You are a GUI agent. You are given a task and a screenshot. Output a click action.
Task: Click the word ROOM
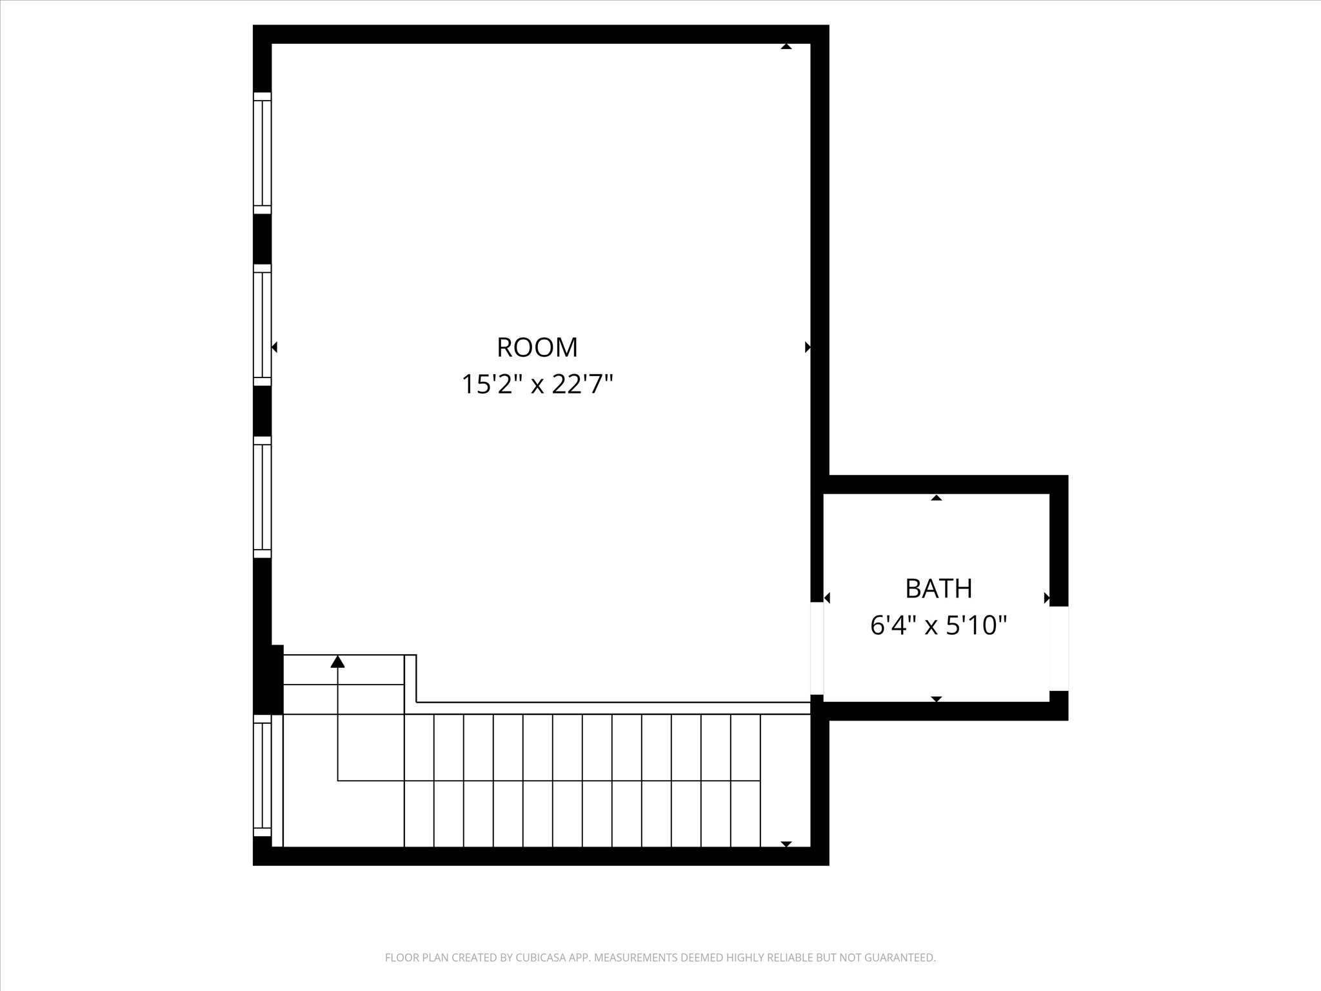(x=537, y=348)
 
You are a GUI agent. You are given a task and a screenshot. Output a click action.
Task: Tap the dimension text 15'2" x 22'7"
(x=537, y=385)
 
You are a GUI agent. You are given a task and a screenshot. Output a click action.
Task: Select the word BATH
(x=939, y=588)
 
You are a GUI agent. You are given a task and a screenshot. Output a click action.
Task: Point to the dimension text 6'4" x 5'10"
(x=939, y=625)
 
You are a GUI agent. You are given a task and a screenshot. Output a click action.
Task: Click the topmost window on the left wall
(x=262, y=153)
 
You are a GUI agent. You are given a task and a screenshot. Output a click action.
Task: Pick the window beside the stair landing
(x=262, y=776)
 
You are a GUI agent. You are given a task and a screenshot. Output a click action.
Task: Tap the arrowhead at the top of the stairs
(x=338, y=661)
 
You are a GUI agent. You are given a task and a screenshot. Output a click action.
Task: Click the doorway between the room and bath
(x=817, y=648)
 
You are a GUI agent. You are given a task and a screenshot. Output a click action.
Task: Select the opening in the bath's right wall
(x=1058, y=648)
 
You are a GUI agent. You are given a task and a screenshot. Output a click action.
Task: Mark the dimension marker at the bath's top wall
(x=937, y=497)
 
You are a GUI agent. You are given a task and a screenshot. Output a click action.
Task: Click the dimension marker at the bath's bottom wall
(x=937, y=699)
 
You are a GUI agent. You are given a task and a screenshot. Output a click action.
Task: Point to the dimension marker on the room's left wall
(x=274, y=348)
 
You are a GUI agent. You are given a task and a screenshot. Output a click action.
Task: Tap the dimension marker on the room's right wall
(x=808, y=348)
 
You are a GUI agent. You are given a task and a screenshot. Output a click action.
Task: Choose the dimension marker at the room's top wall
(x=786, y=46)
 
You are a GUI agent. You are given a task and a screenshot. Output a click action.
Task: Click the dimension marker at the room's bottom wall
(x=786, y=844)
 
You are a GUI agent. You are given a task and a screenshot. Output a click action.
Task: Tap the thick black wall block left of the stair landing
(x=268, y=679)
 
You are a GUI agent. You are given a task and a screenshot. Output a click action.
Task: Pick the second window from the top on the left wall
(x=262, y=325)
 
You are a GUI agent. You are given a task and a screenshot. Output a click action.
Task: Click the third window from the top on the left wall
(x=262, y=497)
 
